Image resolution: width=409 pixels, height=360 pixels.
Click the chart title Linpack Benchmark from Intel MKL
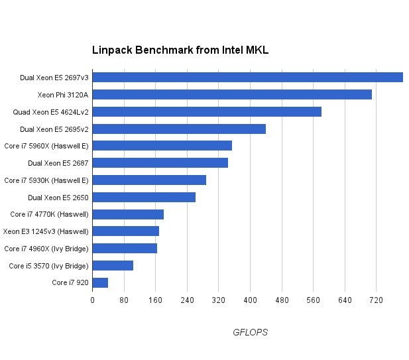[x=180, y=50]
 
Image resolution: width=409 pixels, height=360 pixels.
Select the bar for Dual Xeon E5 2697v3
[x=247, y=78]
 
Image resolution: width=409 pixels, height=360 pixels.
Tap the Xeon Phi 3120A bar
[x=231, y=94]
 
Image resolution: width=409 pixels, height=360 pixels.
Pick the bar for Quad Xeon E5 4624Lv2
[x=206, y=111]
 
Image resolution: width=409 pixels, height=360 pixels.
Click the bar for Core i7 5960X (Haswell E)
[x=162, y=146]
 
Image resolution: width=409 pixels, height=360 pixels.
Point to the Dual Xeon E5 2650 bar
[x=144, y=197]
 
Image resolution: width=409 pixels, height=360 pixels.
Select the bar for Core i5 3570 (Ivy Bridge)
[x=113, y=266]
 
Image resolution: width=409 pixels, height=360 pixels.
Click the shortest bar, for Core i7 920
[x=100, y=283]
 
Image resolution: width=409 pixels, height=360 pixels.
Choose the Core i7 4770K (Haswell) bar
[x=128, y=214]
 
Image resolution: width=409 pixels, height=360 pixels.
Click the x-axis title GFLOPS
[x=250, y=332]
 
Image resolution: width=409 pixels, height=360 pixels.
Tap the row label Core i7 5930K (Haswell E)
[x=46, y=180]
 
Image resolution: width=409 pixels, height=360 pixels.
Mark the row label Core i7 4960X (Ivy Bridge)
[x=46, y=249]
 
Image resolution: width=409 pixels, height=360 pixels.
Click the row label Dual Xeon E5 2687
[x=58, y=163]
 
